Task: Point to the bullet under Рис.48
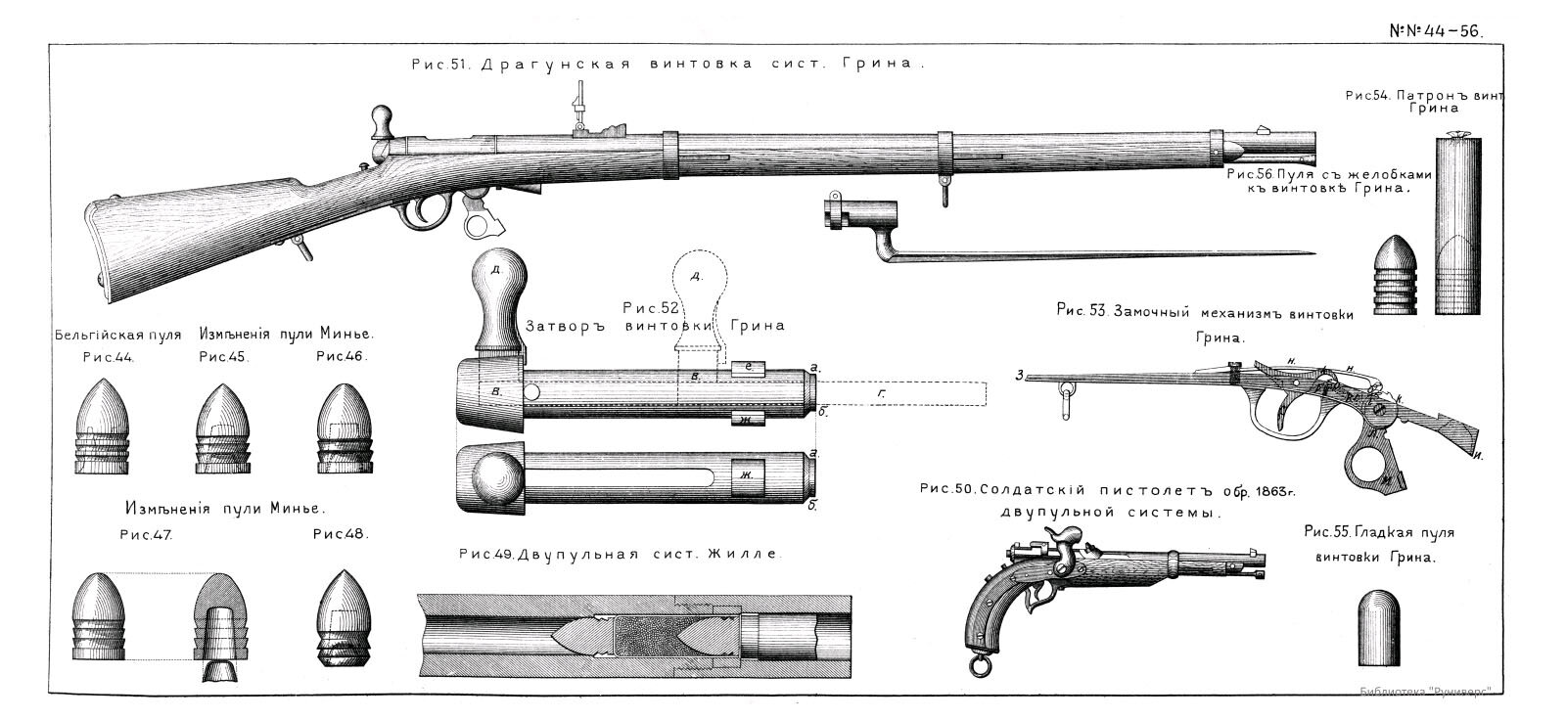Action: tap(343, 617)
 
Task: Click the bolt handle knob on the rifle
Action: tap(381, 122)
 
